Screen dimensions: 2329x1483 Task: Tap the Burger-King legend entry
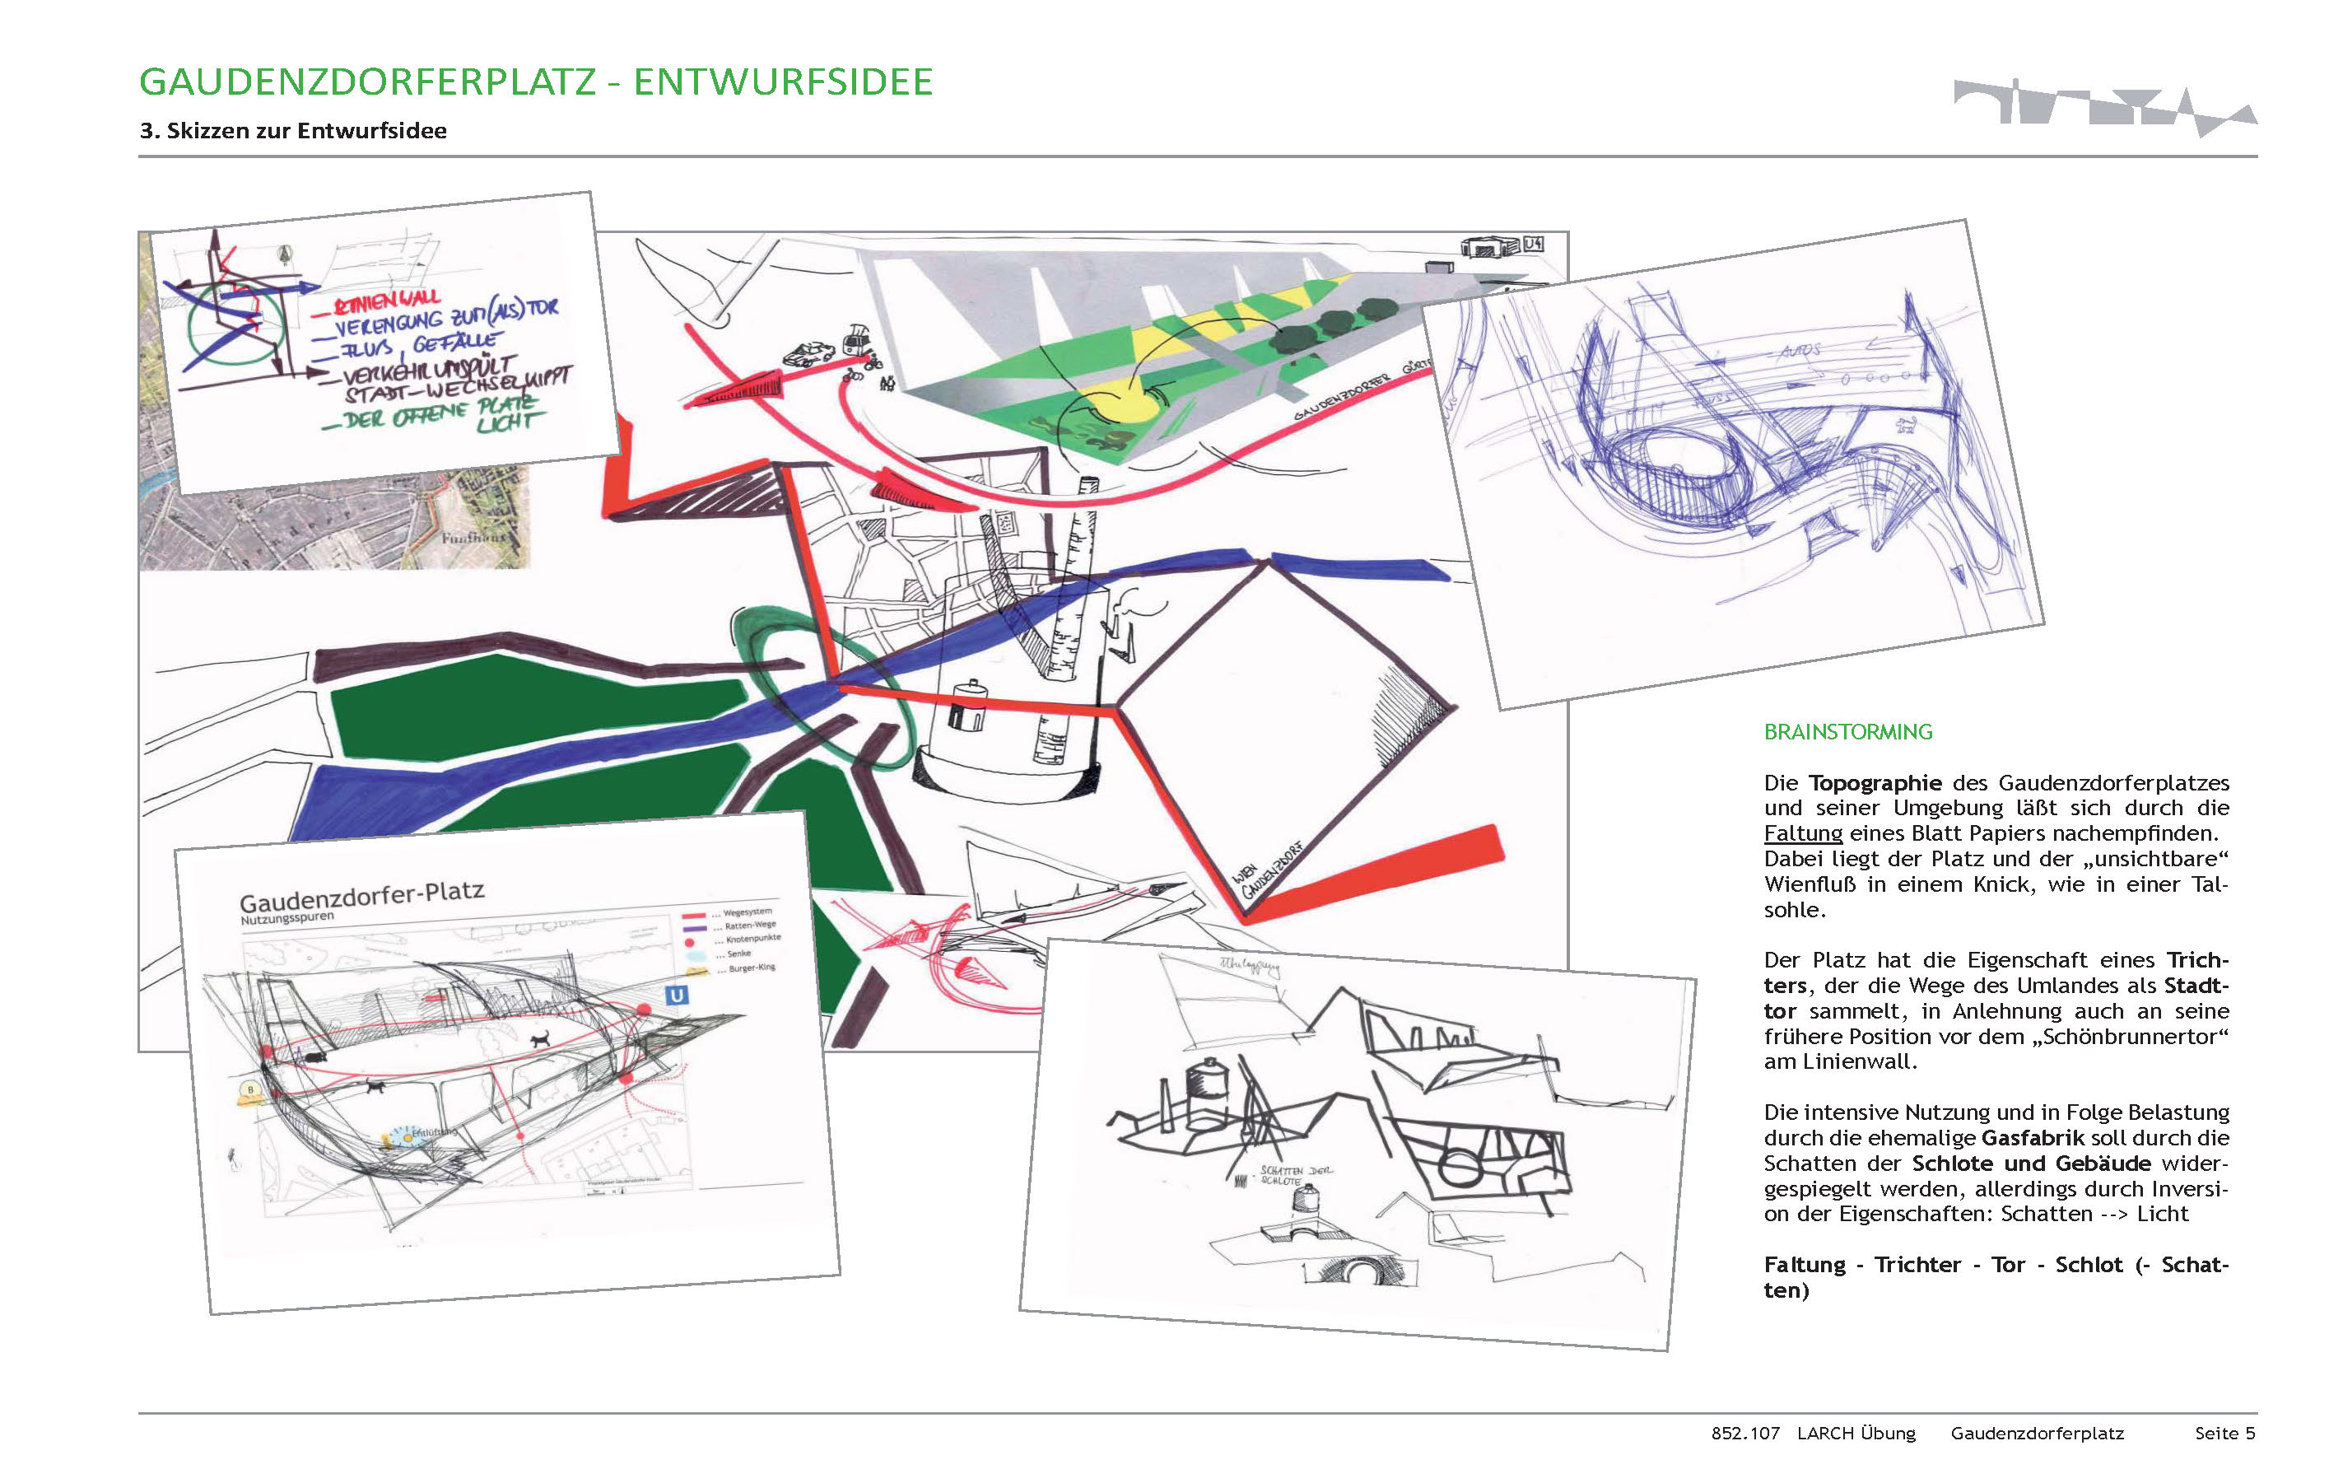[x=751, y=968]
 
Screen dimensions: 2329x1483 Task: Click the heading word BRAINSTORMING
[x=1847, y=732]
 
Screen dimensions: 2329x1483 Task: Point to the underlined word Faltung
[x=1803, y=833]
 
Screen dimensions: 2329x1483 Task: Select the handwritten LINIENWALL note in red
[x=387, y=302]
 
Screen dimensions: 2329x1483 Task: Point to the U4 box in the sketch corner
[x=1533, y=245]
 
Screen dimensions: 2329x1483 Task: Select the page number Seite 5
[x=2224, y=1433]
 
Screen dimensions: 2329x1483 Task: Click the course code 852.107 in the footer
[x=1744, y=1433]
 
